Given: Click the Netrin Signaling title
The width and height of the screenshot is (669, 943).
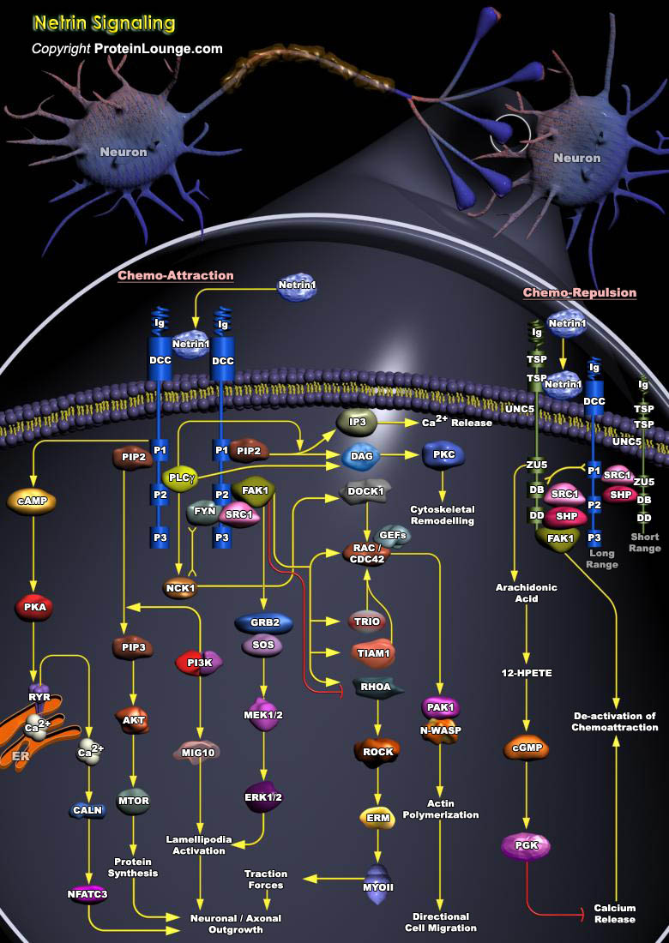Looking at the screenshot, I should click(104, 23).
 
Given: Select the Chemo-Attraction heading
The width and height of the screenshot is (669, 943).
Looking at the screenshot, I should click(175, 275).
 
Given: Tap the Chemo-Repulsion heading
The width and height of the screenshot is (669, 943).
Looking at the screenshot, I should click(580, 292).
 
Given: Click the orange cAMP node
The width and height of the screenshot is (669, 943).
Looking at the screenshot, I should click(31, 502).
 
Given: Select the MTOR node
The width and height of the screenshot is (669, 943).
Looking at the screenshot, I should click(133, 801).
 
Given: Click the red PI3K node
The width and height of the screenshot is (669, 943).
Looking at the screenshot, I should click(199, 661).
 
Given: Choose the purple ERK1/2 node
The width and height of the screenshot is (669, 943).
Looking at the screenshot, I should click(262, 795).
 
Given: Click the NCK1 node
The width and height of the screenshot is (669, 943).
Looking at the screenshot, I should click(180, 588).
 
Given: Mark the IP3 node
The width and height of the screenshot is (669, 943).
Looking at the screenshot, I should click(358, 422).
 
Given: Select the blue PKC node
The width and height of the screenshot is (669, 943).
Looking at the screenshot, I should click(443, 456).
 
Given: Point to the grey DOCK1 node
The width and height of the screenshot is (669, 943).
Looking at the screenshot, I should click(365, 490).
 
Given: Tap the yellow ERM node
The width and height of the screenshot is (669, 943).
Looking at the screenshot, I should click(378, 817).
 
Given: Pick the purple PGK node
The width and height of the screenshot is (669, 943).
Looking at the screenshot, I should click(525, 846).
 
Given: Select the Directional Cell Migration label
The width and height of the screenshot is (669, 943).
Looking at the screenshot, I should click(440, 922).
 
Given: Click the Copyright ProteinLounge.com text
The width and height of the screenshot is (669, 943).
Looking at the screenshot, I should click(127, 49).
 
